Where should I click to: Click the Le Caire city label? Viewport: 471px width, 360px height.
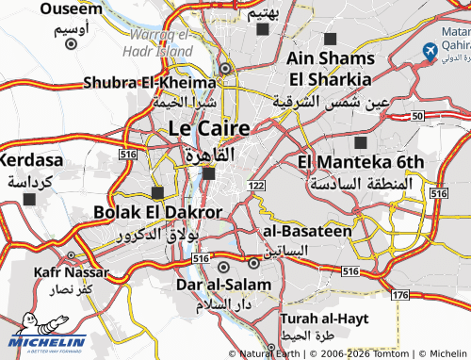point(209,127)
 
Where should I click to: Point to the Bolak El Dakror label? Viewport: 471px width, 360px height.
point(158,212)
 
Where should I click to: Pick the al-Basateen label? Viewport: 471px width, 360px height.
point(307,230)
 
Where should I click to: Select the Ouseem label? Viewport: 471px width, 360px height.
point(71,8)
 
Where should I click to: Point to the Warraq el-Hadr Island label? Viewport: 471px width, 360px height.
point(156,41)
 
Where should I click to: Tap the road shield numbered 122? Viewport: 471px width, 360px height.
point(256,187)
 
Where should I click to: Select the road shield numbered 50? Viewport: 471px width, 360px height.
point(416,115)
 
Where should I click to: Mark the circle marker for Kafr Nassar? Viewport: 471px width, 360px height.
point(72,254)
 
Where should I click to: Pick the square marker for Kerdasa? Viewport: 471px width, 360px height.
point(31,199)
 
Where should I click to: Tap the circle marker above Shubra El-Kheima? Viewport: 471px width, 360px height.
point(225,68)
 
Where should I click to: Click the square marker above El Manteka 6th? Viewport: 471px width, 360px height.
point(361,142)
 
